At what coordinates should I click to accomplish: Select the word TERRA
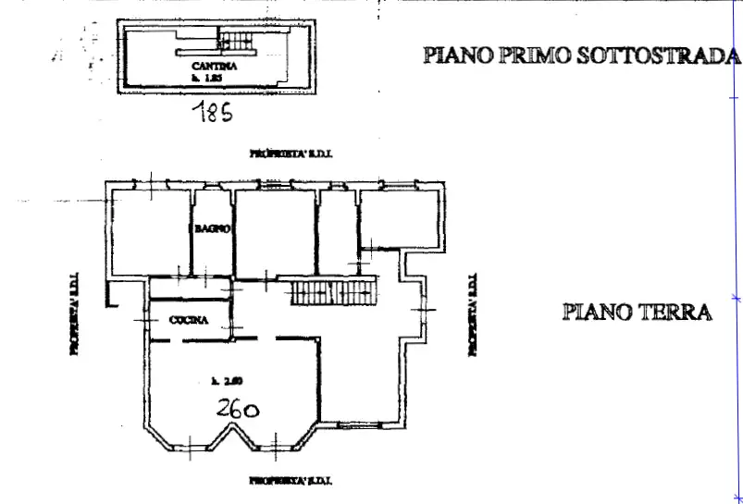pos(675,312)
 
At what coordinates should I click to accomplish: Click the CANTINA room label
pos(214,67)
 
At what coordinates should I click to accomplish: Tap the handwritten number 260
pos(237,407)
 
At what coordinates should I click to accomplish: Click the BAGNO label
pos(211,228)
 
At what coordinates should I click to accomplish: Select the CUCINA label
pos(189,321)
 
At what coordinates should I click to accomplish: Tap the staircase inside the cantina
pos(235,40)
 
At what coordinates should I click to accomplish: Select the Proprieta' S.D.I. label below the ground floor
pos(291,481)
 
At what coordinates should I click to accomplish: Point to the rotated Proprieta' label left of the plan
pos(74,313)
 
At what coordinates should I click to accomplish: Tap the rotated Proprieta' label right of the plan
pos(472,314)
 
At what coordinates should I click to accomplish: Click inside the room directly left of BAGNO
pos(152,231)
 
